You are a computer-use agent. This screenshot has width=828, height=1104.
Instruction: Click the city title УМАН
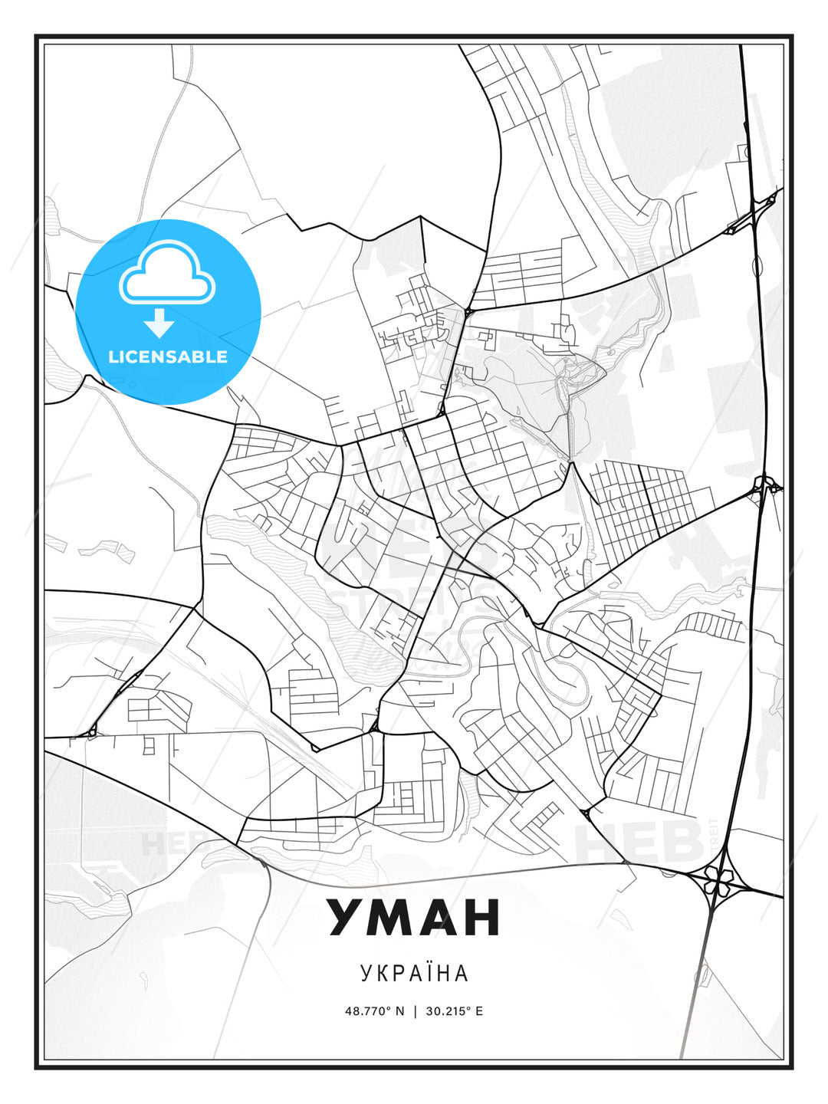[x=414, y=918]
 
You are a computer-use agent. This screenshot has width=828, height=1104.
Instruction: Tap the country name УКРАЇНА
[x=414, y=973]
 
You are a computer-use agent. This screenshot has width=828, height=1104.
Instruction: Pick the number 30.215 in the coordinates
[x=447, y=1010]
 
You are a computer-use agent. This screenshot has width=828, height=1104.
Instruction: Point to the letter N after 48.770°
[x=399, y=1010]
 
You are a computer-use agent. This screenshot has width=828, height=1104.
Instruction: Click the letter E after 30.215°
[x=479, y=1010]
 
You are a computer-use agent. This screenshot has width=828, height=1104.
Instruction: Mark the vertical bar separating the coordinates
[x=415, y=1010]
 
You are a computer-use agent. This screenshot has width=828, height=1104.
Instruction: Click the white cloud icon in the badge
[x=167, y=274]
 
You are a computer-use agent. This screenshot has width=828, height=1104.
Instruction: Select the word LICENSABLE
[x=168, y=356]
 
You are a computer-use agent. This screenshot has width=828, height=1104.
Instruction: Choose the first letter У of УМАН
[x=346, y=918]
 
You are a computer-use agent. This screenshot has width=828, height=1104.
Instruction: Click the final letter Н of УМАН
[x=481, y=918]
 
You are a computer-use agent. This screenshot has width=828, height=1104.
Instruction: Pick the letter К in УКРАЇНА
[x=384, y=973]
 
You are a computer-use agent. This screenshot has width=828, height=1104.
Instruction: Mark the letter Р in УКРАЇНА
[x=399, y=973]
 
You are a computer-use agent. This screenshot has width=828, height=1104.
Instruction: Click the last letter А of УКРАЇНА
[x=461, y=973]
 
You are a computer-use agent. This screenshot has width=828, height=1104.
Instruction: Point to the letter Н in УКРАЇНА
[x=442, y=973]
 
